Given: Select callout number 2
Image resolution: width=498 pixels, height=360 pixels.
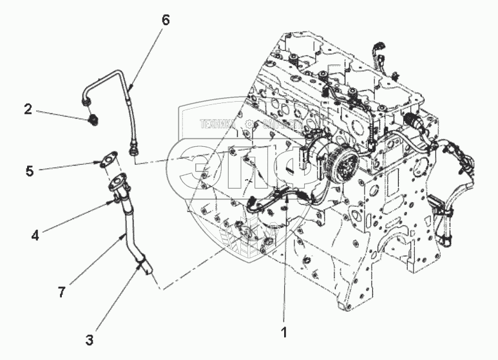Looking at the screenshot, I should click(x=28, y=109).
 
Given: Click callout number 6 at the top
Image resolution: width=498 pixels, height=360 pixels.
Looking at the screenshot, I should click(x=165, y=21).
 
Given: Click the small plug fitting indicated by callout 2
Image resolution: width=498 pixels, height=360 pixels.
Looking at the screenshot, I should click(x=91, y=118).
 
